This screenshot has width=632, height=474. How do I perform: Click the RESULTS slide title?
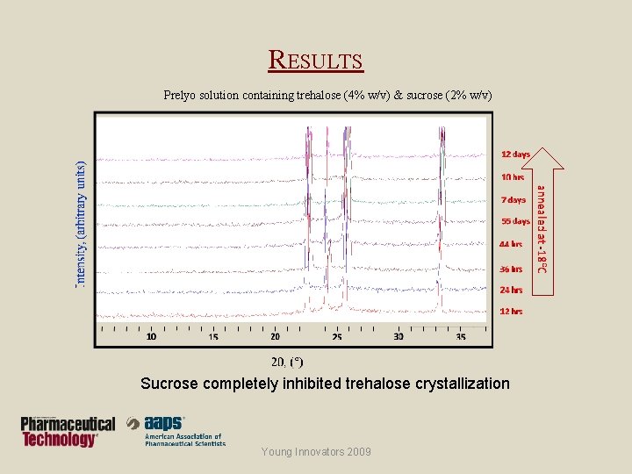click(315, 61)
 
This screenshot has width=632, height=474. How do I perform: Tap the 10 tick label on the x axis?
click(151, 336)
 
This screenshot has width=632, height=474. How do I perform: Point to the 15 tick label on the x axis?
click(213, 336)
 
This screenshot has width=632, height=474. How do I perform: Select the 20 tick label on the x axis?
click(275, 336)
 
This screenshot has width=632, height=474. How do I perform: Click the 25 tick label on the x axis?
click(337, 336)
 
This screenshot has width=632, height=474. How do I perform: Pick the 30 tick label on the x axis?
click(399, 336)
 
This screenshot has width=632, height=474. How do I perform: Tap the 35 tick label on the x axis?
click(461, 336)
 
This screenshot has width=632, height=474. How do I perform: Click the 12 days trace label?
click(515, 154)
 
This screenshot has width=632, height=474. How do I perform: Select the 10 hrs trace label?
click(513, 176)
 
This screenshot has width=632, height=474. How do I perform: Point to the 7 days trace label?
click(513, 199)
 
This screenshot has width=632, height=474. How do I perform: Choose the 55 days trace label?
click(515, 221)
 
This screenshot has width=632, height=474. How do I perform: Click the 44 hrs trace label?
click(511, 244)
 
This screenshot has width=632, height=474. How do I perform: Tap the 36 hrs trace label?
click(511, 269)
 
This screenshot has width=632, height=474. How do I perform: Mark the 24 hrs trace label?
click(511, 290)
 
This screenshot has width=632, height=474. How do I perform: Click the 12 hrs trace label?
click(511, 311)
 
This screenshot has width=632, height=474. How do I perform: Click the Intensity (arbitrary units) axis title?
click(82, 223)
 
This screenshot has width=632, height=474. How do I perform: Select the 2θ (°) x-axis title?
click(287, 362)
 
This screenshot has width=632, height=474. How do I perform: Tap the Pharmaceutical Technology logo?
click(68, 431)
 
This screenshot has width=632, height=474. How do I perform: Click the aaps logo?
click(176, 430)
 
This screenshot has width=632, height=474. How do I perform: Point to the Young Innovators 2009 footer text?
click(315, 452)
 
